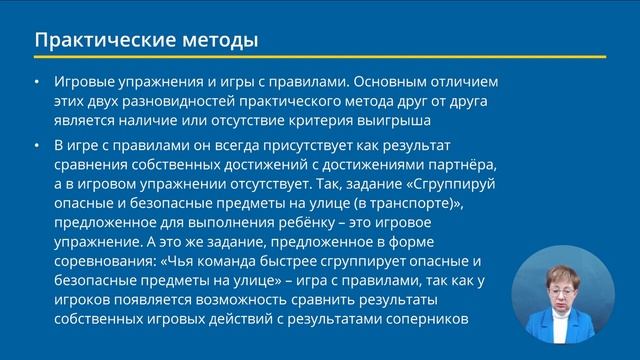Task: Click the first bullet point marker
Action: [x=37, y=81]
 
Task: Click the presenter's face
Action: [x=565, y=283]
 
